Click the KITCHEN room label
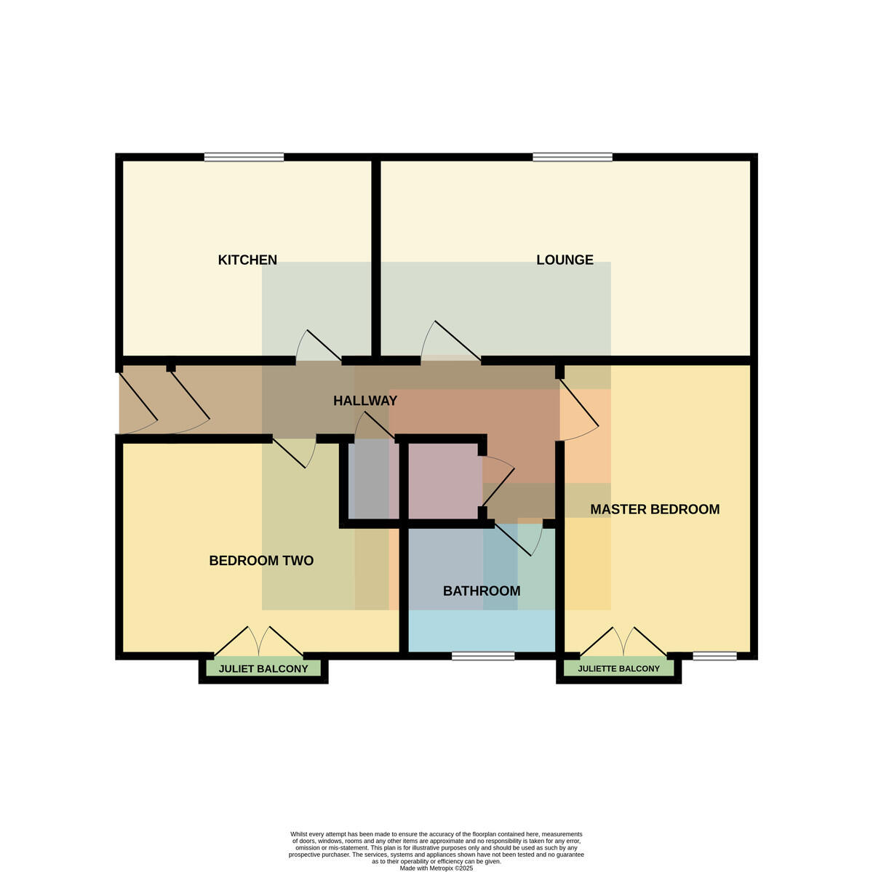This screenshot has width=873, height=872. [247, 260]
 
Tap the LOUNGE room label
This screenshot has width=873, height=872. [565, 260]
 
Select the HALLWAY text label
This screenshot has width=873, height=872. [365, 401]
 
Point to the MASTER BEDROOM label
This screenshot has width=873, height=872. [655, 509]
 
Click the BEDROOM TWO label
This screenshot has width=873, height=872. [261, 561]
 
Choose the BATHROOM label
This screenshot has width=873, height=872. [482, 591]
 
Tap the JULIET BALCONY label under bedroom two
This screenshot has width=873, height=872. [263, 668]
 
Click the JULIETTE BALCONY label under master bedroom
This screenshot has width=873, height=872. [618, 668]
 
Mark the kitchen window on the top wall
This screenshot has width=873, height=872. [244, 157]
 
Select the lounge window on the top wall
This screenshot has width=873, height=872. [573, 157]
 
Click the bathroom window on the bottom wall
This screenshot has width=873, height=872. [483, 656]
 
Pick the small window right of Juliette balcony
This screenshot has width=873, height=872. [714, 656]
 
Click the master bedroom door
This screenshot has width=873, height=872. [579, 409]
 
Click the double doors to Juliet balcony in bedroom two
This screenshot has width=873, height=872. [259, 641]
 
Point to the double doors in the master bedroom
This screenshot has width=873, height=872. [623, 641]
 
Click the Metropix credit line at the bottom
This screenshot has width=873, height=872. [436, 868]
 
